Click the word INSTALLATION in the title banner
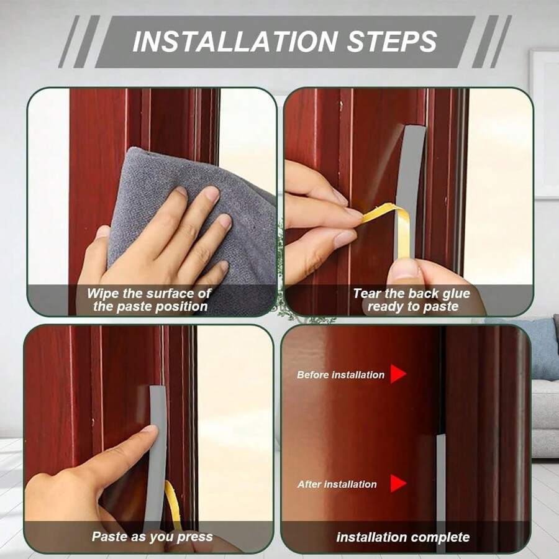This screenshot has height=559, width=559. pyautogui.click(x=235, y=42)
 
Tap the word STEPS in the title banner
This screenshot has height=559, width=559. pyautogui.click(x=392, y=42)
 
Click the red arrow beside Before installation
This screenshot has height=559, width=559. pyautogui.click(x=398, y=374)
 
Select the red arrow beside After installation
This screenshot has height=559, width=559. pyautogui.click(x=398, y=483)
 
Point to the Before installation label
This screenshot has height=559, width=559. pyautogui.click(x=340, y=375)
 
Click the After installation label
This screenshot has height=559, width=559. pyautogui.click(x=337, y=484)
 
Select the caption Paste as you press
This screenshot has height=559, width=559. pyautogui.click(x=152, y=537)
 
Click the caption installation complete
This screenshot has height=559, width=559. pyautogui.click(x=403, y=537)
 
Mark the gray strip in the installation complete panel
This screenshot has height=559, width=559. pyautogui.click(x=441, y=492)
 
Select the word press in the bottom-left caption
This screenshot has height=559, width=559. pyautogui.click(x=195, y=537)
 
